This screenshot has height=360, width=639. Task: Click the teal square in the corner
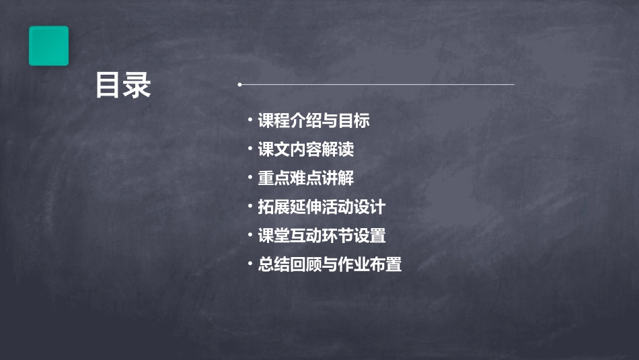pos(48,46)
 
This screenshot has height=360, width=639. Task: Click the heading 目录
pos(123,85)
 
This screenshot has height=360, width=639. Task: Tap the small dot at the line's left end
pos(239,85)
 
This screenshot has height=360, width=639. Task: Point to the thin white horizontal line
pos(377,85)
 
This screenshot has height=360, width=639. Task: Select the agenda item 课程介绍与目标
pos(314,121)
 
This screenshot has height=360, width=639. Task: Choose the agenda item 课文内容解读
pos(306,149)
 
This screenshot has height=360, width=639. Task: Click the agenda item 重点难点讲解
pos(306,178)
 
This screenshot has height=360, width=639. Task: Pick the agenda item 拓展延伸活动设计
pos(322,207)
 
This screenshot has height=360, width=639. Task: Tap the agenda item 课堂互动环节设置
pos(322,236)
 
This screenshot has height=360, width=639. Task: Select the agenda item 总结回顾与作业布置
pos(330,264)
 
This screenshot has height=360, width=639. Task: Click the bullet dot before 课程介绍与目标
pos(250,121)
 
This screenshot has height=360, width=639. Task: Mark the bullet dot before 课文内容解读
pos(250,149)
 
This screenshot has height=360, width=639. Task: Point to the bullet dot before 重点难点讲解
pos(250,178)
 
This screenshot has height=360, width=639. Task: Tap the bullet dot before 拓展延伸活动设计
pos(250,207)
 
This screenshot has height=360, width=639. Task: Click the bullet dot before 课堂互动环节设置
pos(250,236)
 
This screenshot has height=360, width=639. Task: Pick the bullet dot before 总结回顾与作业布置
pos(250,264)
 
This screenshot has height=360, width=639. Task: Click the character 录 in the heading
pos(137,85)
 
